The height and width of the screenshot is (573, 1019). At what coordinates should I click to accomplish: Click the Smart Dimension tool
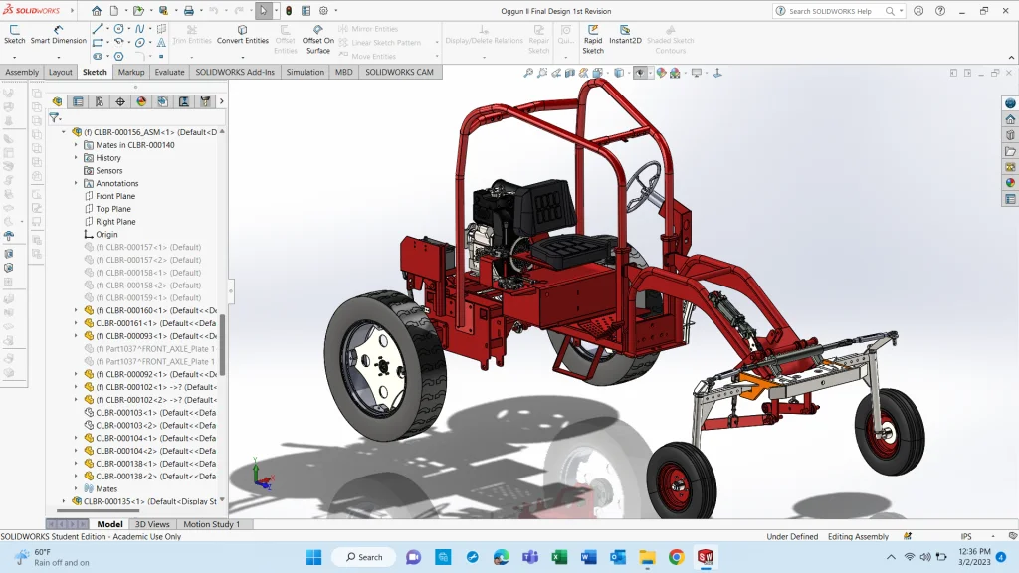(x=58, y=34)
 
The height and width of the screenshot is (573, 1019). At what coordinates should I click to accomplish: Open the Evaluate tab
(x=169, y=72)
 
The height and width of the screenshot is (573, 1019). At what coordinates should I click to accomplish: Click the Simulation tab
(x=305, y=72)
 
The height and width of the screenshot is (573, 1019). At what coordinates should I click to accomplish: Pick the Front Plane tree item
(x=115, y=196)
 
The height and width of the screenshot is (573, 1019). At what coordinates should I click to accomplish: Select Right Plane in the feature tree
(x=115, y=222)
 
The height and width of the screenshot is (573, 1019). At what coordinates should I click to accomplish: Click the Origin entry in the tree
(x=106, y=235)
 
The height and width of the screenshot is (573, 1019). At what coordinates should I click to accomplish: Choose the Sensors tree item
(x=109, y=171)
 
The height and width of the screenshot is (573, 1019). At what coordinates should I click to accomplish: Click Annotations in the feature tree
(x=117, y=183)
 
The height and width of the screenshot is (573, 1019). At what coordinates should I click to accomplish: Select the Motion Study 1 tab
(x=211, y=524)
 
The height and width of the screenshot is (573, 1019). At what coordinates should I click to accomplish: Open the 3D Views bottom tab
(x=152, y=524)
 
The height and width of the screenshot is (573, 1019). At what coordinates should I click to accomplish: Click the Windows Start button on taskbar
(x=314, y=557)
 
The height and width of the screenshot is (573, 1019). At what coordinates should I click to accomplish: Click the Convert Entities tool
(x=243, y=34)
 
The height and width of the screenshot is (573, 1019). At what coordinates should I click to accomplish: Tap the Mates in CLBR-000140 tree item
(x=134, y=145)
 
